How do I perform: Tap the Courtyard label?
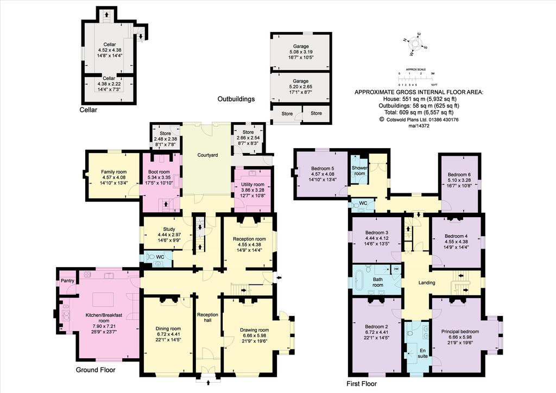coord(207,155)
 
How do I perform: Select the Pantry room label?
coord(67,281)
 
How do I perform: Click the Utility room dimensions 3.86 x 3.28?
coord(253,190)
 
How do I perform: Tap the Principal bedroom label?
coord(460,332)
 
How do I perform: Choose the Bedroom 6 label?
coord(459,174)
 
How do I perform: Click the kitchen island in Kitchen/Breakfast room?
coord(103,300)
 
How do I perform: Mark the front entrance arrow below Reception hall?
coord(208,382)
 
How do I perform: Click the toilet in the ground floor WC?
coord(151,256)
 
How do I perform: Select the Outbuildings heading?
coord(236,99)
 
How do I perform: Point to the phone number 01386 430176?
coord(444,120)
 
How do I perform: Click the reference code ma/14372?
coord(419,125)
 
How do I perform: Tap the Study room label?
coord(169,229)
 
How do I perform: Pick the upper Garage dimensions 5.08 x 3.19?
coord(301,52)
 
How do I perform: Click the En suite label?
coord(422,353)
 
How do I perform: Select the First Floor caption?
coord(362,384)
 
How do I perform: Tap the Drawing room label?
coord(254,330)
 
